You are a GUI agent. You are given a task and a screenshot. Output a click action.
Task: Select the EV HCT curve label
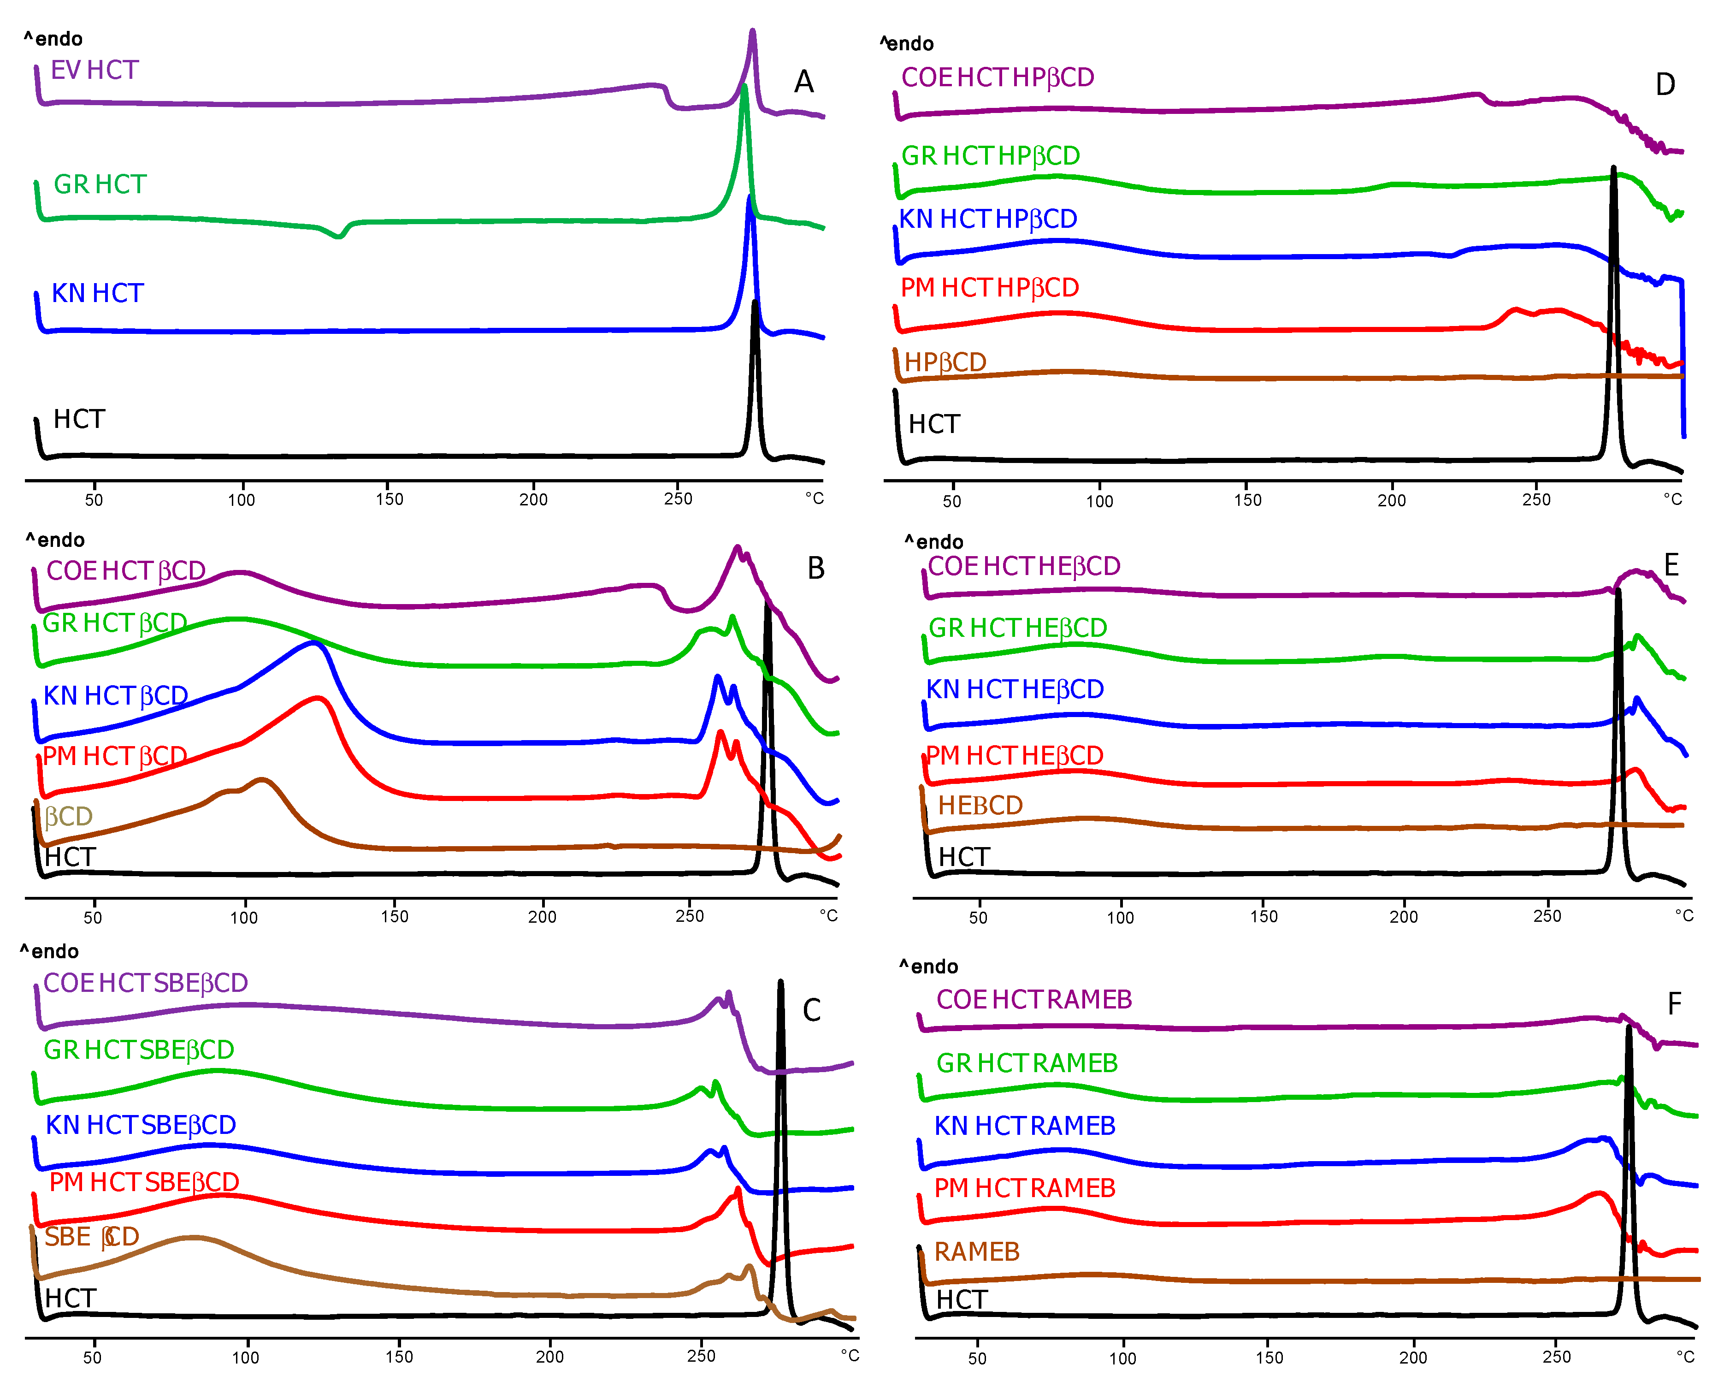(x=94, y=71)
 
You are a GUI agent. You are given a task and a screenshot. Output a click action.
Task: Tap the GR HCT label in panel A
(x=100, y=184)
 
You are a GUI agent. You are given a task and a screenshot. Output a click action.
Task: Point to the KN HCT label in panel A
(x=97, y=294)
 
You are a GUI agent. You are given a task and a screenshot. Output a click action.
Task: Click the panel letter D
(x=1665, y=85)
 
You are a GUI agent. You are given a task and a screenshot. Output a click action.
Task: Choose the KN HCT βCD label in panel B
(x=116, y=696)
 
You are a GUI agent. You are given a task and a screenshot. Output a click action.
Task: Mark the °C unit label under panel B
(x=828, y=916)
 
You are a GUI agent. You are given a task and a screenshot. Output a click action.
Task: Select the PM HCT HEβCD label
(x=1014, y=756)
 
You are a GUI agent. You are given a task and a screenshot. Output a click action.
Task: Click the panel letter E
(x=1671, y=566)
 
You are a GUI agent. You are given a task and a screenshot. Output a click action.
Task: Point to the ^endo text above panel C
(x=50, y=952)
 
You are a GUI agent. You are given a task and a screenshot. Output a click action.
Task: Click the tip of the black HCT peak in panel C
(x=780, y=982)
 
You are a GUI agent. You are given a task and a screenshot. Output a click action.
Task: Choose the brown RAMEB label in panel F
(x=976, y=1252)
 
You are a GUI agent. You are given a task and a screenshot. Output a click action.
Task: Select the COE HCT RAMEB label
(x=1033, y=1000)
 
